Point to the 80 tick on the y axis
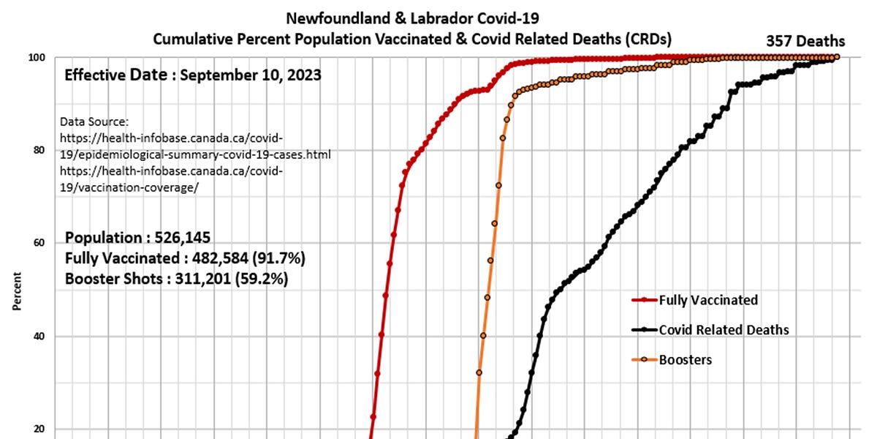click(40, 150)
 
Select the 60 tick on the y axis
click(40, 243)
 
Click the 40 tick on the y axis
click(40, 337)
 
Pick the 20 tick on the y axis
click(40, 429)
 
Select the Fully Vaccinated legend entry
click(707, 300)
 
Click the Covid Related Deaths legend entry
click(724, 330)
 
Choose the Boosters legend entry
click(685, 359)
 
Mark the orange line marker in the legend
click(643, 359)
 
